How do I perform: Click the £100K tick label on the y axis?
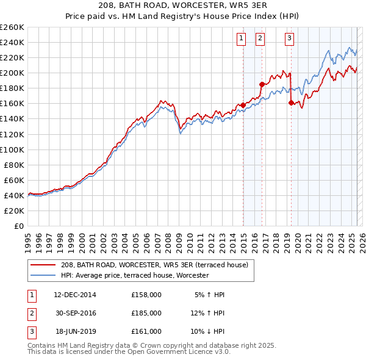(x=12, y=149)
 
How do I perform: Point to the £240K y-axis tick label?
(x=12, y=42)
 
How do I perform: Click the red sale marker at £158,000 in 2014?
(x=243, y=105)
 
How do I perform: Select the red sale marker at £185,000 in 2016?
(x=262, y=84)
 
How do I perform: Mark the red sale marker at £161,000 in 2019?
(x=291, y=103)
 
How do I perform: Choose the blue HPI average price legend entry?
(x=134, y=276)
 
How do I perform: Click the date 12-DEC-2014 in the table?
(x=75, y=295)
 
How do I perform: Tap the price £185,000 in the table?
(x=146, y=312)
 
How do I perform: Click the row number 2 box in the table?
(x=30, y=312)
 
